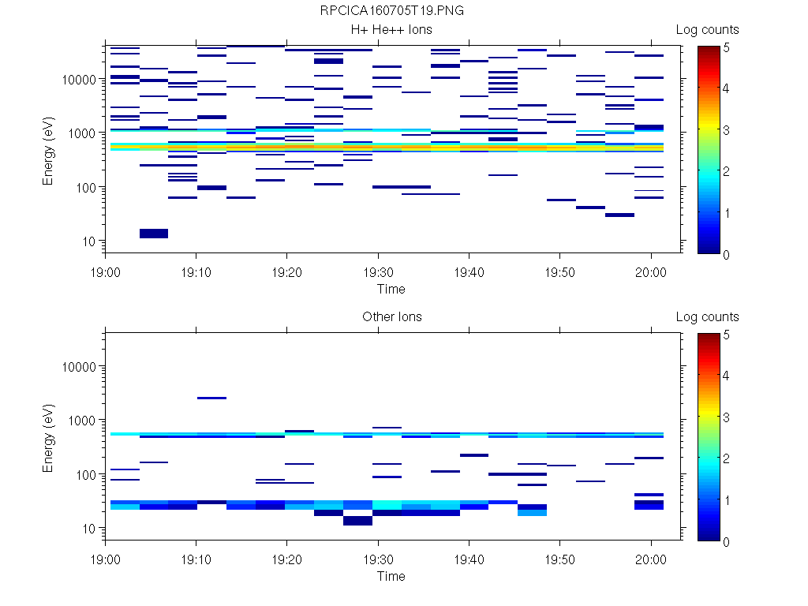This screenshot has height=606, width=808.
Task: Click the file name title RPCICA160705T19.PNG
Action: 391,11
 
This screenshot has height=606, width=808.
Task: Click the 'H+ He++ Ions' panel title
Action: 391,30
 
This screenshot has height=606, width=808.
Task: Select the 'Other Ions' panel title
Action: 391,317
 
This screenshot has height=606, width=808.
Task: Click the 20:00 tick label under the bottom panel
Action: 650,557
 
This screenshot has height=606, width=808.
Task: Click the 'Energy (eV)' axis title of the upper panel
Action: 49,150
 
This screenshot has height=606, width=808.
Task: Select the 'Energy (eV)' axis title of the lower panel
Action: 49,437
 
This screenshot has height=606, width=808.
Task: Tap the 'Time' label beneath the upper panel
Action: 391,289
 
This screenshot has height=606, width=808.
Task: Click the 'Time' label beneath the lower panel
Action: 391,576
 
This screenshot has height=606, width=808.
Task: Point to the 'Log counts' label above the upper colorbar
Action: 707,30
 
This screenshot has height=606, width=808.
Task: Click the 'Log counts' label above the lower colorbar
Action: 707,317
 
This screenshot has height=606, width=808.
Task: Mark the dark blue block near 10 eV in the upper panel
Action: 153,233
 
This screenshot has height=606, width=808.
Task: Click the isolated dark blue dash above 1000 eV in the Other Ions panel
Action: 211,398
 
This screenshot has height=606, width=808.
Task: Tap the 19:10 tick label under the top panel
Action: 196,270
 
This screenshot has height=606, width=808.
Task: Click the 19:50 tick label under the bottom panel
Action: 559,557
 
